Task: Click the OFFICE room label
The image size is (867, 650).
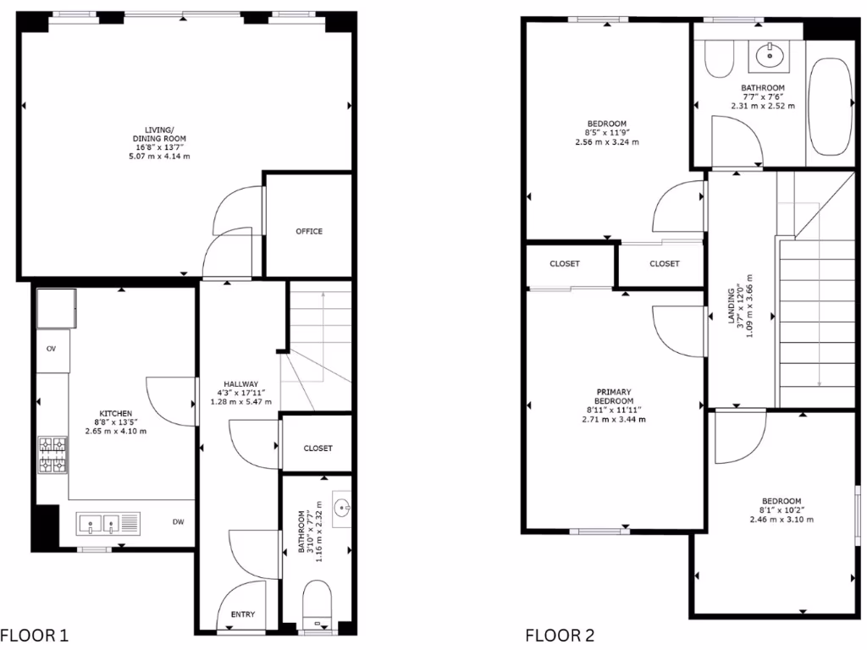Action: (309, 231)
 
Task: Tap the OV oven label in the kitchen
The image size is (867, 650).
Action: (52, 348)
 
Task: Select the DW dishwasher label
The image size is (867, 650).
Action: (179, 522)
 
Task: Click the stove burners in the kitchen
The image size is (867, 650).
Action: (53, 454)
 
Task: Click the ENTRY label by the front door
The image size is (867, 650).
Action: (243, 614)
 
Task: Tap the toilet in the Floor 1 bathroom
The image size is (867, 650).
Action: (317, 599)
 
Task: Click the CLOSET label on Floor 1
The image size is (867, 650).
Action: (318, 449)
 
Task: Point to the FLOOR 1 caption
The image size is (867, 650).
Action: (34, 635)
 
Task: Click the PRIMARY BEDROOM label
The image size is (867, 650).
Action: (614, 396)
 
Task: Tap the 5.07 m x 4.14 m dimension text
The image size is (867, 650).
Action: (159, 157)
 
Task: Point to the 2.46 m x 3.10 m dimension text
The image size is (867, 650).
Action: (781, 520)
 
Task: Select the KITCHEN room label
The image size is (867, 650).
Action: (115, 413)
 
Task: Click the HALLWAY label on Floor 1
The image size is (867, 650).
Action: (240, 383)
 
